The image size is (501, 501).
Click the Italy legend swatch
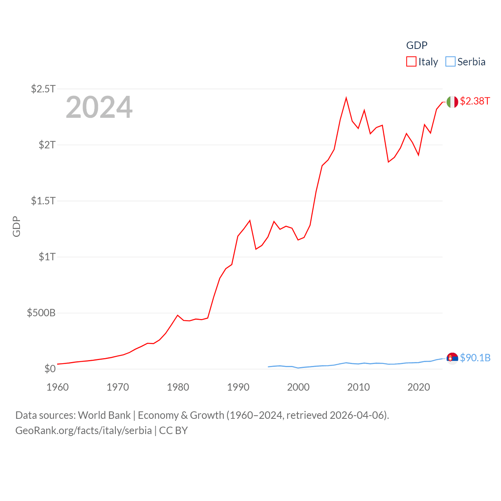(411, 62)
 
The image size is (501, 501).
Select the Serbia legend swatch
(451, 62)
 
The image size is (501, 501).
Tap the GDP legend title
(416, 45)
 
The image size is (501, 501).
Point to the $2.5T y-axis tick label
(43, 89)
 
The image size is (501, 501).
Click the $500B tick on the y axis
(41, 313)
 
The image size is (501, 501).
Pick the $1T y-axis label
(47, 257)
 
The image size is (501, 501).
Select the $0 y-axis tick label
(50, 369)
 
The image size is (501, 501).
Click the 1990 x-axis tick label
(238, 387)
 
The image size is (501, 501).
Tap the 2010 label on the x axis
(358, 387)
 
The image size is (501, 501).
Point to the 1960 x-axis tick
(58, 387)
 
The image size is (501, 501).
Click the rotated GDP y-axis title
(16, 226)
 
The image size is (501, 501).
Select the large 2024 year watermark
(99, 107)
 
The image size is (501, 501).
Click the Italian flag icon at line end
(452, 102)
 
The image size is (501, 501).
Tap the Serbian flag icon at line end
(452, 358)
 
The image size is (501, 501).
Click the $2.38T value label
(475, 101)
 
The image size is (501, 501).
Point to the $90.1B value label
(475, 358)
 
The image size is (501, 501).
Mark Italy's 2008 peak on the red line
(346, 98)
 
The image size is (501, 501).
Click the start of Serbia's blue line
(269, 367)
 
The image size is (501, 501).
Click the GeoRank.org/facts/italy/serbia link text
(83, 431)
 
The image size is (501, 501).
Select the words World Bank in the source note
(104, 415)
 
